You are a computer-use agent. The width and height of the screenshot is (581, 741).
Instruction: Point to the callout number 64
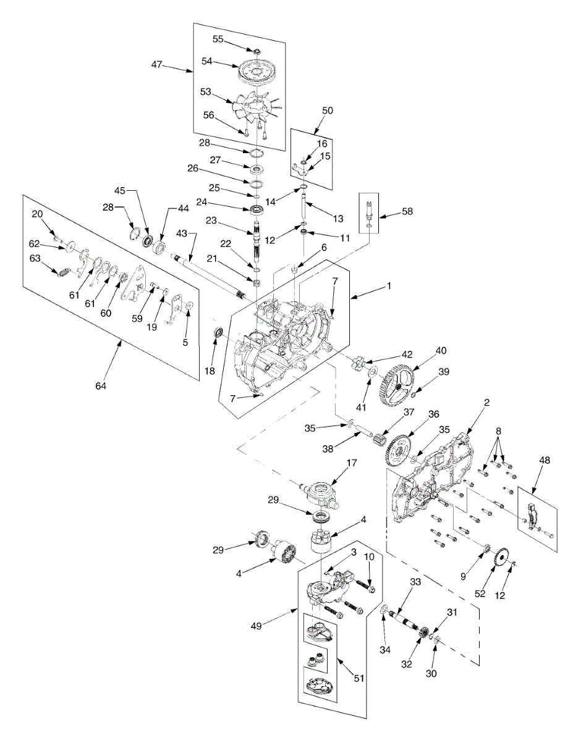[100, 386]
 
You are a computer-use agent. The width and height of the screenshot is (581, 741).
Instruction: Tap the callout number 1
[389, 286]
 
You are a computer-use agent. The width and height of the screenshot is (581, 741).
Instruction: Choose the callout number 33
[415, 582]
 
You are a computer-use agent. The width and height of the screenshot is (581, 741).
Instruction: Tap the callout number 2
[486, 403]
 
